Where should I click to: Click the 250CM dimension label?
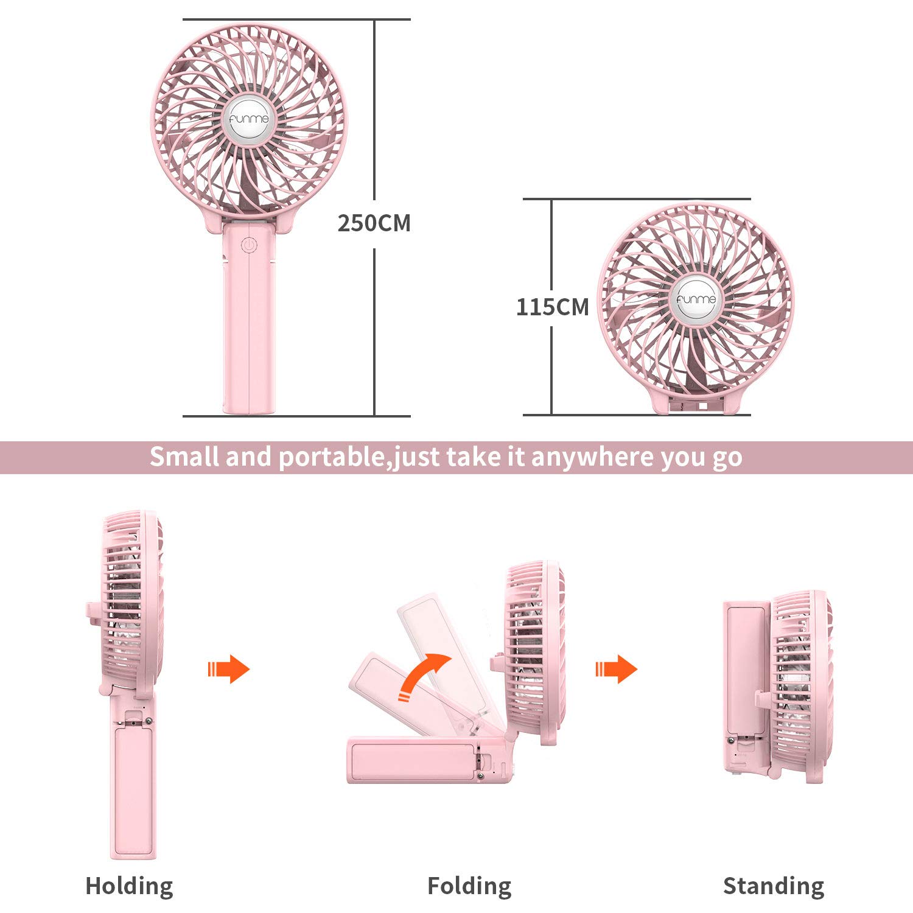click(x=374, y=223)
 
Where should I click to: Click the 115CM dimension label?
click(x=553, y=307)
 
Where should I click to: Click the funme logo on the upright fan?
click(x=248, y=119)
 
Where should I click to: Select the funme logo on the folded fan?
click(x=696, y=299)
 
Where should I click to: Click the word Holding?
click(x=129, y=886)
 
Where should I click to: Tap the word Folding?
click(x=469, y=886)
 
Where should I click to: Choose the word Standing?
click(x=774, y=886)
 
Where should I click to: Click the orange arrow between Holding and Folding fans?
click(x=228, y=669)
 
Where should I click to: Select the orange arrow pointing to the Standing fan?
click(x=616, y=669)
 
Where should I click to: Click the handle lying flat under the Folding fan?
click(x=426, y=760)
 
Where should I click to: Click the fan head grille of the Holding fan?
click(x=131, y=603)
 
